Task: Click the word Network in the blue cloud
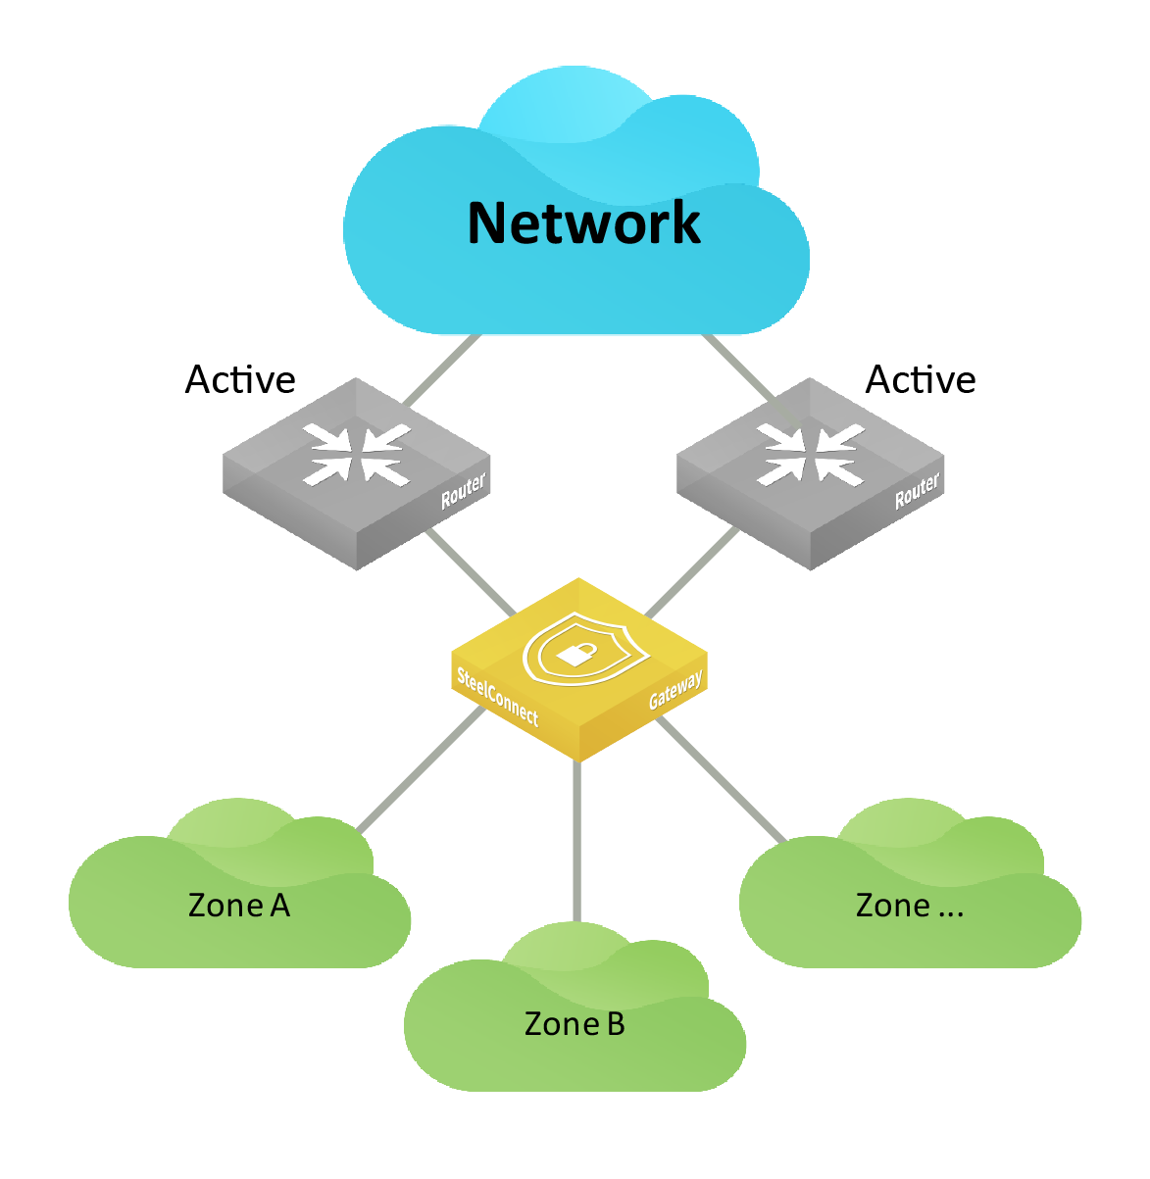pos(583,222)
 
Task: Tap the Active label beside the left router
pos(240,379)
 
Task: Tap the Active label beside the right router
pos(920,379)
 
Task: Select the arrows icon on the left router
pos(357,455)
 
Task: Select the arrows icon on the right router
pos(810,455)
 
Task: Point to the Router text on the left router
pos(463,490)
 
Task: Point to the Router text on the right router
pos(918,490)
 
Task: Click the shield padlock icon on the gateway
pos(585,649)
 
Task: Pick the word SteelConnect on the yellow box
pos(497,696)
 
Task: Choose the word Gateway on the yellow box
pos(675,689)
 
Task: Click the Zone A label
pos(239,906)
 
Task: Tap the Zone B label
pos(574,1023)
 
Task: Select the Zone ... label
pos(910,906)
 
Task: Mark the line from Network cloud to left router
pos(442,369)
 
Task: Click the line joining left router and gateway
pos(471,572)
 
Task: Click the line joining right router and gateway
pos(692,572)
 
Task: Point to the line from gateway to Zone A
pos(421,769)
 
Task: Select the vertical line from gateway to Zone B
pos(576,841)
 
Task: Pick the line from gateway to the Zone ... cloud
pos(722,780)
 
